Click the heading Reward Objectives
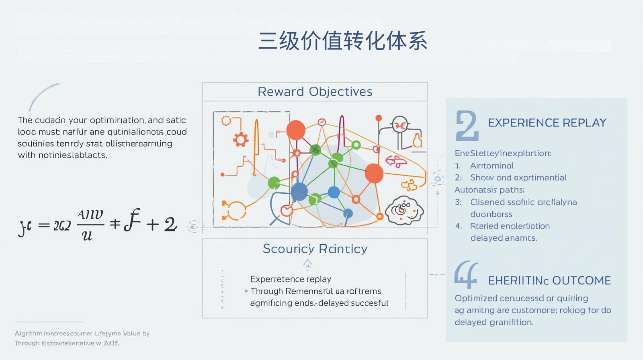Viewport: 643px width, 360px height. tap(315, 92)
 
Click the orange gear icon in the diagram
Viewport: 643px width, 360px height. tap(241, 139)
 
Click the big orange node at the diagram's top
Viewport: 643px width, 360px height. tap(296, 130)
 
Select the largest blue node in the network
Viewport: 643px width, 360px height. tap(299, 192)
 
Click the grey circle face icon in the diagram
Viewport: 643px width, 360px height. tap(400, 125)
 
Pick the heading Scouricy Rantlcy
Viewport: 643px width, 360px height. tap(315, 249)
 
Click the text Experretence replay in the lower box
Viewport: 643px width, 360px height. tap(291, 279)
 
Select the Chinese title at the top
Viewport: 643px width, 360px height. tap(342, 41)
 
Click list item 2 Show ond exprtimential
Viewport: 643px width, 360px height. tap(518, 178)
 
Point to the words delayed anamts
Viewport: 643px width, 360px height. tap(504, 238)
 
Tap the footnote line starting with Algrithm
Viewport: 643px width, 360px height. tap(82, 333)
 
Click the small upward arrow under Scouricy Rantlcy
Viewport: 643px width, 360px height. tap(307, 263)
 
